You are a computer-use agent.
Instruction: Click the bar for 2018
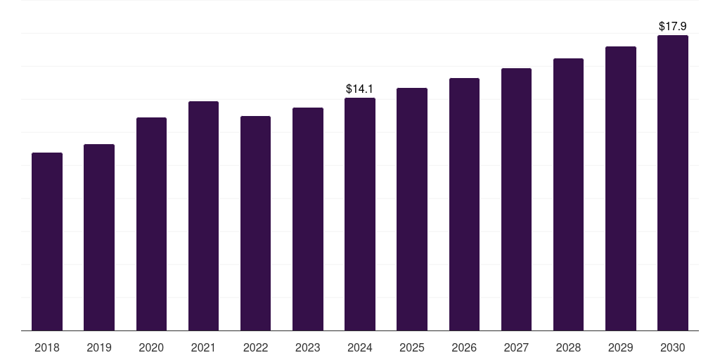[x=47, y=242]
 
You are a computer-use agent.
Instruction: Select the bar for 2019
[x=99, y=238]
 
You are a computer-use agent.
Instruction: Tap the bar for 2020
[x=152, y=224]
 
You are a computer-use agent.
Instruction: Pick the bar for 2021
[x=203, y=216]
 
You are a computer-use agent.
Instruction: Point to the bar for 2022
[x=255, y=223]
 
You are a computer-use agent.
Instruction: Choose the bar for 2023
[x=308, y=219]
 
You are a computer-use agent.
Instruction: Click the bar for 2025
[x=412, y=210]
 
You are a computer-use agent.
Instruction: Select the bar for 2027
[x=516, y=199]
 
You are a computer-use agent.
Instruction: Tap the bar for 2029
[x=621, y=188]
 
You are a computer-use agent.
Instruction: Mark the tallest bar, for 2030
[x=673, y=183]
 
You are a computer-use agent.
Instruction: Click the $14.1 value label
[x=359, y=89]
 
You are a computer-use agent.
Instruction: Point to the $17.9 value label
[x=673, y=26]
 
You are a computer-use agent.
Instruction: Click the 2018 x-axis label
[x=47, y=347]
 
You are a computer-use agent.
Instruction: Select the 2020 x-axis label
[x=151, y=347]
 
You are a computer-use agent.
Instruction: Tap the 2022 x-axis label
[x=255, y=347]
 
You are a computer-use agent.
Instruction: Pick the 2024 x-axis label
[x=359, y=347]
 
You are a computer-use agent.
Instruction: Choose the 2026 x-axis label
[x=464, y=347]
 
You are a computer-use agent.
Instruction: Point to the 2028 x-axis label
[x=568, y=347]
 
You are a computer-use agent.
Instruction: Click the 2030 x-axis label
[x=673, y=347]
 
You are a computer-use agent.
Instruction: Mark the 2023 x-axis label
[x=308, y=347]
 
